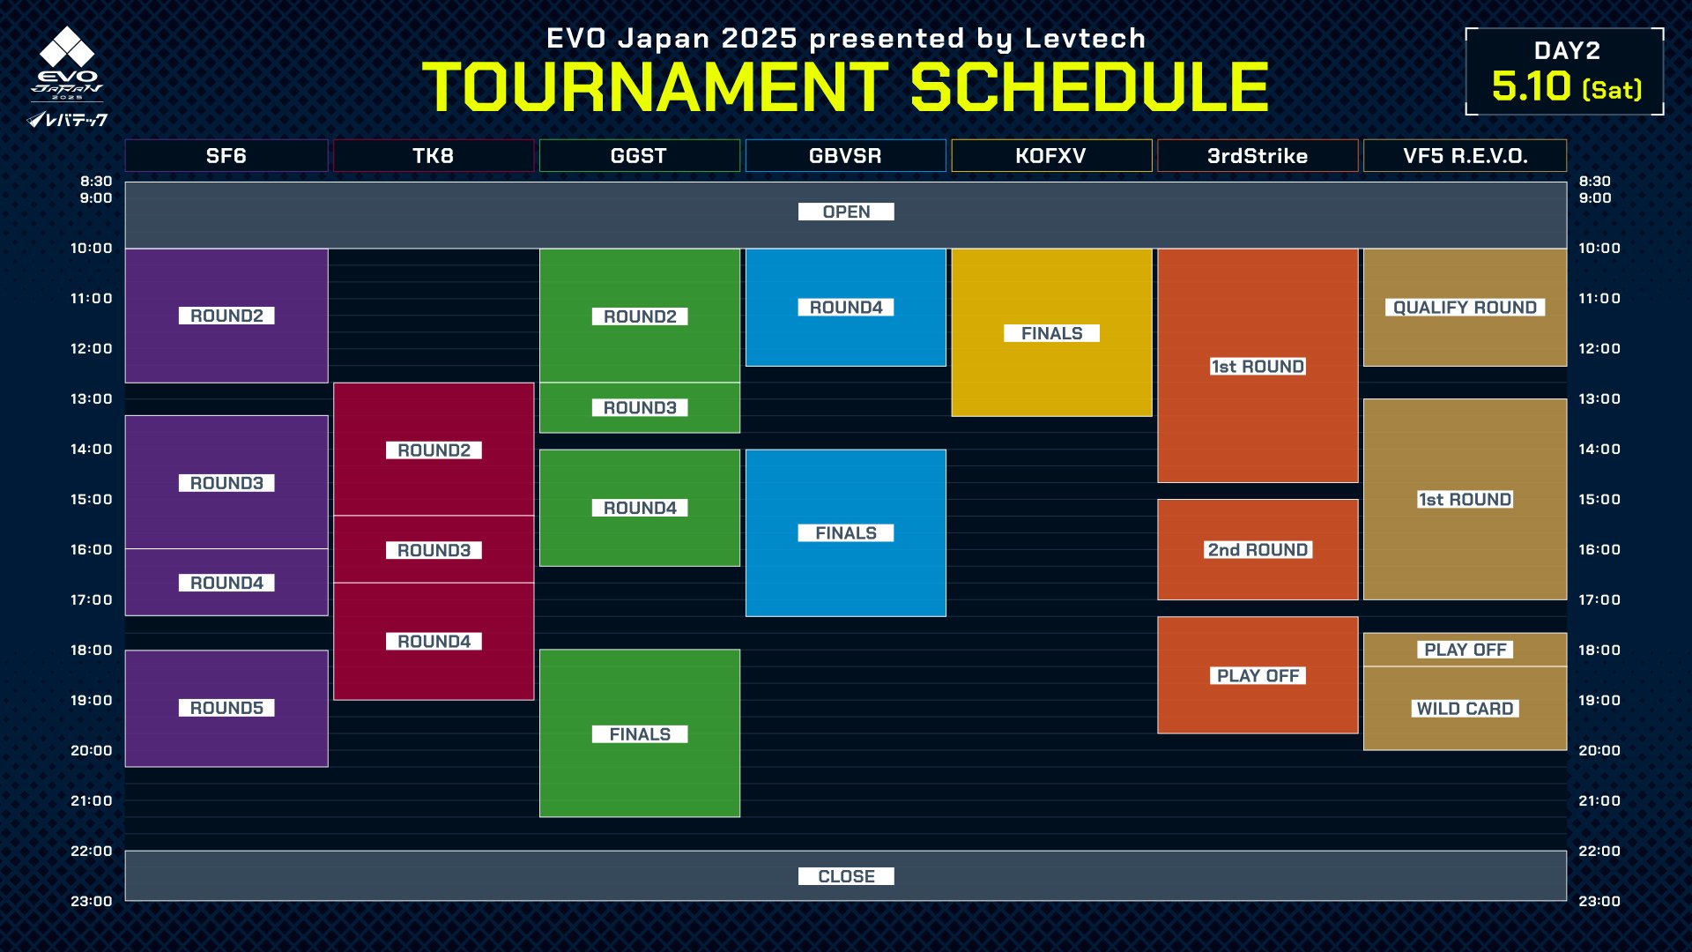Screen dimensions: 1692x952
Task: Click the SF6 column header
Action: tap(226, 156)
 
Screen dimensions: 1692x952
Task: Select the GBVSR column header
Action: tap(845, 156)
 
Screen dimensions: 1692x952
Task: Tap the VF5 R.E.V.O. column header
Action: tap(1465, 156)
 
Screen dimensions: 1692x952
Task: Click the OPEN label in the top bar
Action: tap(846, 212)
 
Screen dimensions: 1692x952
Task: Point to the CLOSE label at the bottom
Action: tap(846, 876)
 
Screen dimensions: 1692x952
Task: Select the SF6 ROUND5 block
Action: tap(226, 708)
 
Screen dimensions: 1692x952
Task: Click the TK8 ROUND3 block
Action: tap(434, 549)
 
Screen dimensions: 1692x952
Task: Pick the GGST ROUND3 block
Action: tap(640, 407)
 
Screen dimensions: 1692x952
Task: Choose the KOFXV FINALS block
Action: tap(1051, 332)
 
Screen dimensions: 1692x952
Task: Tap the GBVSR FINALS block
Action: tap(845, 532)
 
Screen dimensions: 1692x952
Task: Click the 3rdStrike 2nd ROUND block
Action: tap(1258, 549)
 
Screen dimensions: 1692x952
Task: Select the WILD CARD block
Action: tap(1465, 708)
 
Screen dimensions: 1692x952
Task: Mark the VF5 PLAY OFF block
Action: tap(1465, 650)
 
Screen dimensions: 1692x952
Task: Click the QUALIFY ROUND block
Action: tap(1465, 307)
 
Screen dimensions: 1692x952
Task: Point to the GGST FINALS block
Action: tap(640, 733)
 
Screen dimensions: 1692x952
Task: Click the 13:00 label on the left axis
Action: tap(92, 399)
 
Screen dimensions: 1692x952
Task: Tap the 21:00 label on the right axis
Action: tap(1599, 801)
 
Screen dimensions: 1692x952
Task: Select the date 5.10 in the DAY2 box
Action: tap(1532, 86)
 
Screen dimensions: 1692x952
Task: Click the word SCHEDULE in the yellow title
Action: tap(1089, 87)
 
